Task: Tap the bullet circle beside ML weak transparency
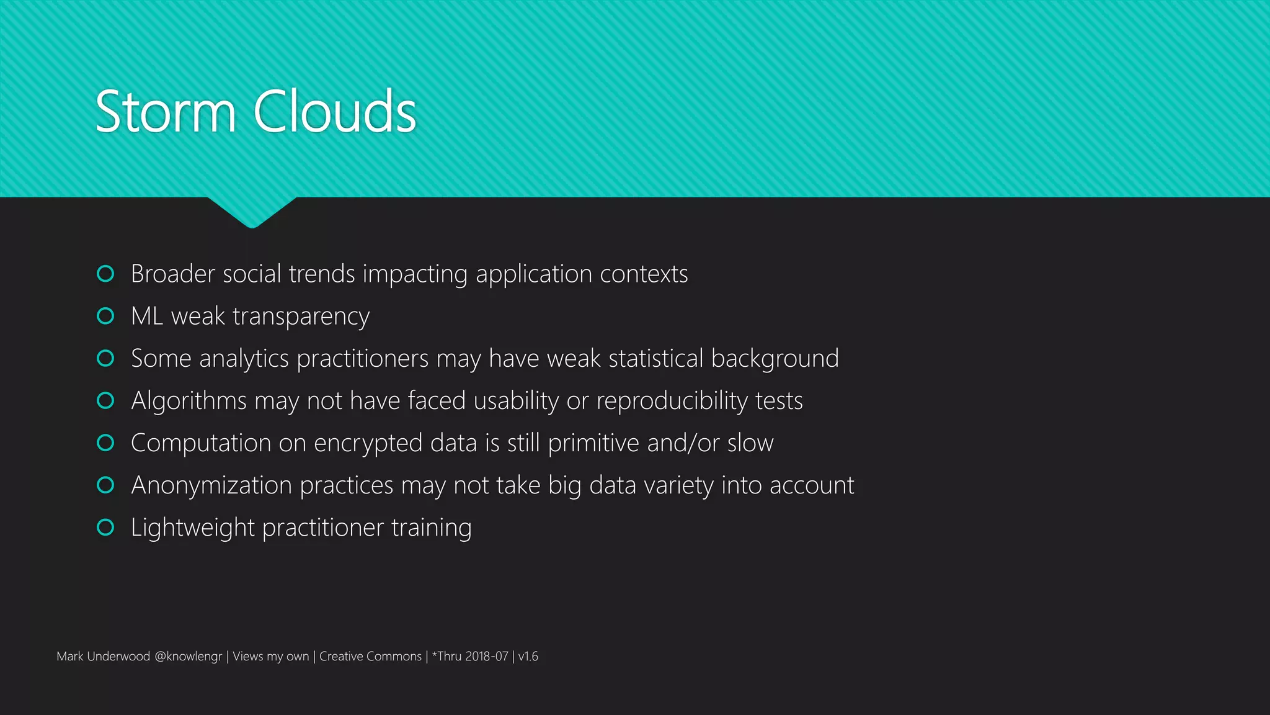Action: click(106, 316)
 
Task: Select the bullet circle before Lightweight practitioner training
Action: click(106, 527)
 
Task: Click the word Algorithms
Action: click(189, 401)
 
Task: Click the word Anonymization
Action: click(211, 485)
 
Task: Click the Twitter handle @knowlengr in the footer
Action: click(188, 657)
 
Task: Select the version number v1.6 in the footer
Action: click(528, 657)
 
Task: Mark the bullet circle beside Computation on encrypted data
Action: click(106, 443)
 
